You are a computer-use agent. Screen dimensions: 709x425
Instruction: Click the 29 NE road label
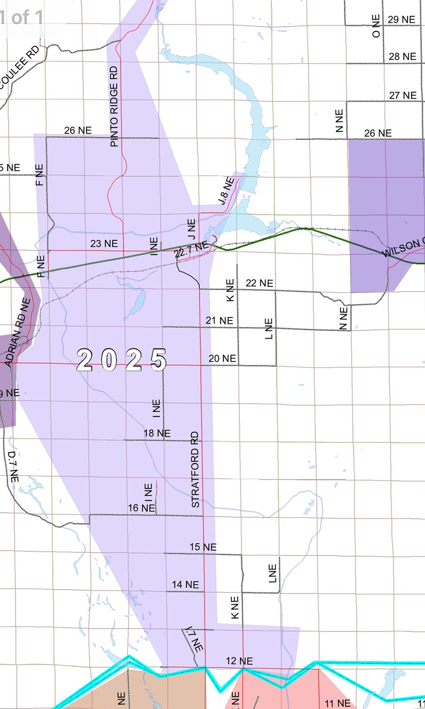click(401, 19)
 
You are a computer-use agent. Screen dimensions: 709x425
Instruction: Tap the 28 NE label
click(402, 56)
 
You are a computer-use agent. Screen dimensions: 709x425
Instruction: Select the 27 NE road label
click(403, 95)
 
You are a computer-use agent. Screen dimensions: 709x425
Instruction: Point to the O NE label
click(376, 26)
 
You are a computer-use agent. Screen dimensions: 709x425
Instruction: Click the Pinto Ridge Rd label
click(114, 106)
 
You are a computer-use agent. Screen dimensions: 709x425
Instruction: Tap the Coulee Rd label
click(19, 67)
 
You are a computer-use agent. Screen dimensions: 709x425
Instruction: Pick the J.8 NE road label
click(226, 190)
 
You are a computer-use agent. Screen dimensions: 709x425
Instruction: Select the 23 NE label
click(104, 244)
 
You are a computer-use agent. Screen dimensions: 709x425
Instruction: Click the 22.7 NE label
click(191, 250)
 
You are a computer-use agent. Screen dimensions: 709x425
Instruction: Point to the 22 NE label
click(259, 283)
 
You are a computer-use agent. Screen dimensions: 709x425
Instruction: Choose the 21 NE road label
click(219, 321)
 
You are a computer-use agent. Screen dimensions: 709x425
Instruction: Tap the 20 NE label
click(222, 358)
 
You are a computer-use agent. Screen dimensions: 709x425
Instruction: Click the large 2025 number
click(121, 360)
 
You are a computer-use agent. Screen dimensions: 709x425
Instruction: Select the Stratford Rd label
click(195, 470)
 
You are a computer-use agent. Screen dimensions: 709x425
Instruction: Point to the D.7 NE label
click(13, 467)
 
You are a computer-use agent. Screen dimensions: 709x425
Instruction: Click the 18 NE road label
click(157, 433)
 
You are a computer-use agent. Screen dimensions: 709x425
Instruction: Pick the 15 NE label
click(203, 547)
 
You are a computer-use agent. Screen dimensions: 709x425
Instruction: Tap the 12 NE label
click(239, 661)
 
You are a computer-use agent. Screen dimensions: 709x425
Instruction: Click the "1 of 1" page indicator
click(21, 17)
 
